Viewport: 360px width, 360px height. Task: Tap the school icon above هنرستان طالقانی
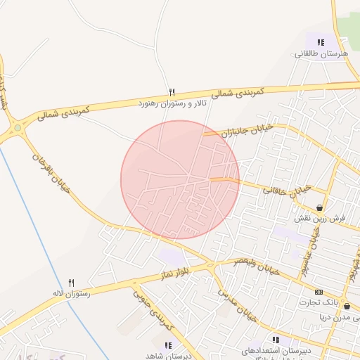321,42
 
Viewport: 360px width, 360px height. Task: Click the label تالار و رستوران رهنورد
171,103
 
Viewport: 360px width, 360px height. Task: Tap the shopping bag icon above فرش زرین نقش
321,208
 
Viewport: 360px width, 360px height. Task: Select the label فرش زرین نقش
321,219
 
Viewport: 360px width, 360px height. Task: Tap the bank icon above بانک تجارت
319,292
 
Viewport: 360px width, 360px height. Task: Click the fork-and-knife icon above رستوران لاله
71,283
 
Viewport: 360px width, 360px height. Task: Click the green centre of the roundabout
17,128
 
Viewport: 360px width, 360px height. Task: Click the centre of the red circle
180,179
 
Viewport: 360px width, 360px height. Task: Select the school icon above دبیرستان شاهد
167,345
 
